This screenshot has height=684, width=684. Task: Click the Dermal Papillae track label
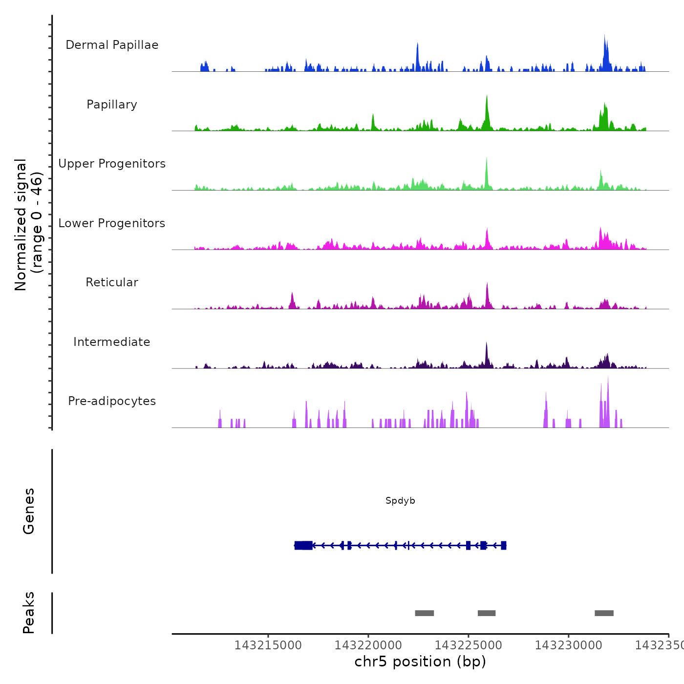112,45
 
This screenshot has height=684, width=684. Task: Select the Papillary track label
112,105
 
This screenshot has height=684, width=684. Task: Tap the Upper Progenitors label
112,164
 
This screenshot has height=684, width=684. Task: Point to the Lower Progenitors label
112,223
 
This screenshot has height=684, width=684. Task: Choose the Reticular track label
112,282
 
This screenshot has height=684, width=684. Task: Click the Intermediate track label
112,342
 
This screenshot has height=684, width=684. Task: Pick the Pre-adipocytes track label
112,401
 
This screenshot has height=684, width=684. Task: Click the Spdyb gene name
400,501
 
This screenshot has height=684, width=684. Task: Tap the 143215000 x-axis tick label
268,645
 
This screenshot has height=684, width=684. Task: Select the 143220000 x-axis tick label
368,645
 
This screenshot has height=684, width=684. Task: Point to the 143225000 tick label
468,645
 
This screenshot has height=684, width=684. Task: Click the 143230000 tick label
568,645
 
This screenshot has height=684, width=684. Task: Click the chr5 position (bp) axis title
420,662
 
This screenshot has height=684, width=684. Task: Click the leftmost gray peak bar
424,613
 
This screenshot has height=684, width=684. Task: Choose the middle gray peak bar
487,613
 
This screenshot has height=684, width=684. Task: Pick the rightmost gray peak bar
604,613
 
